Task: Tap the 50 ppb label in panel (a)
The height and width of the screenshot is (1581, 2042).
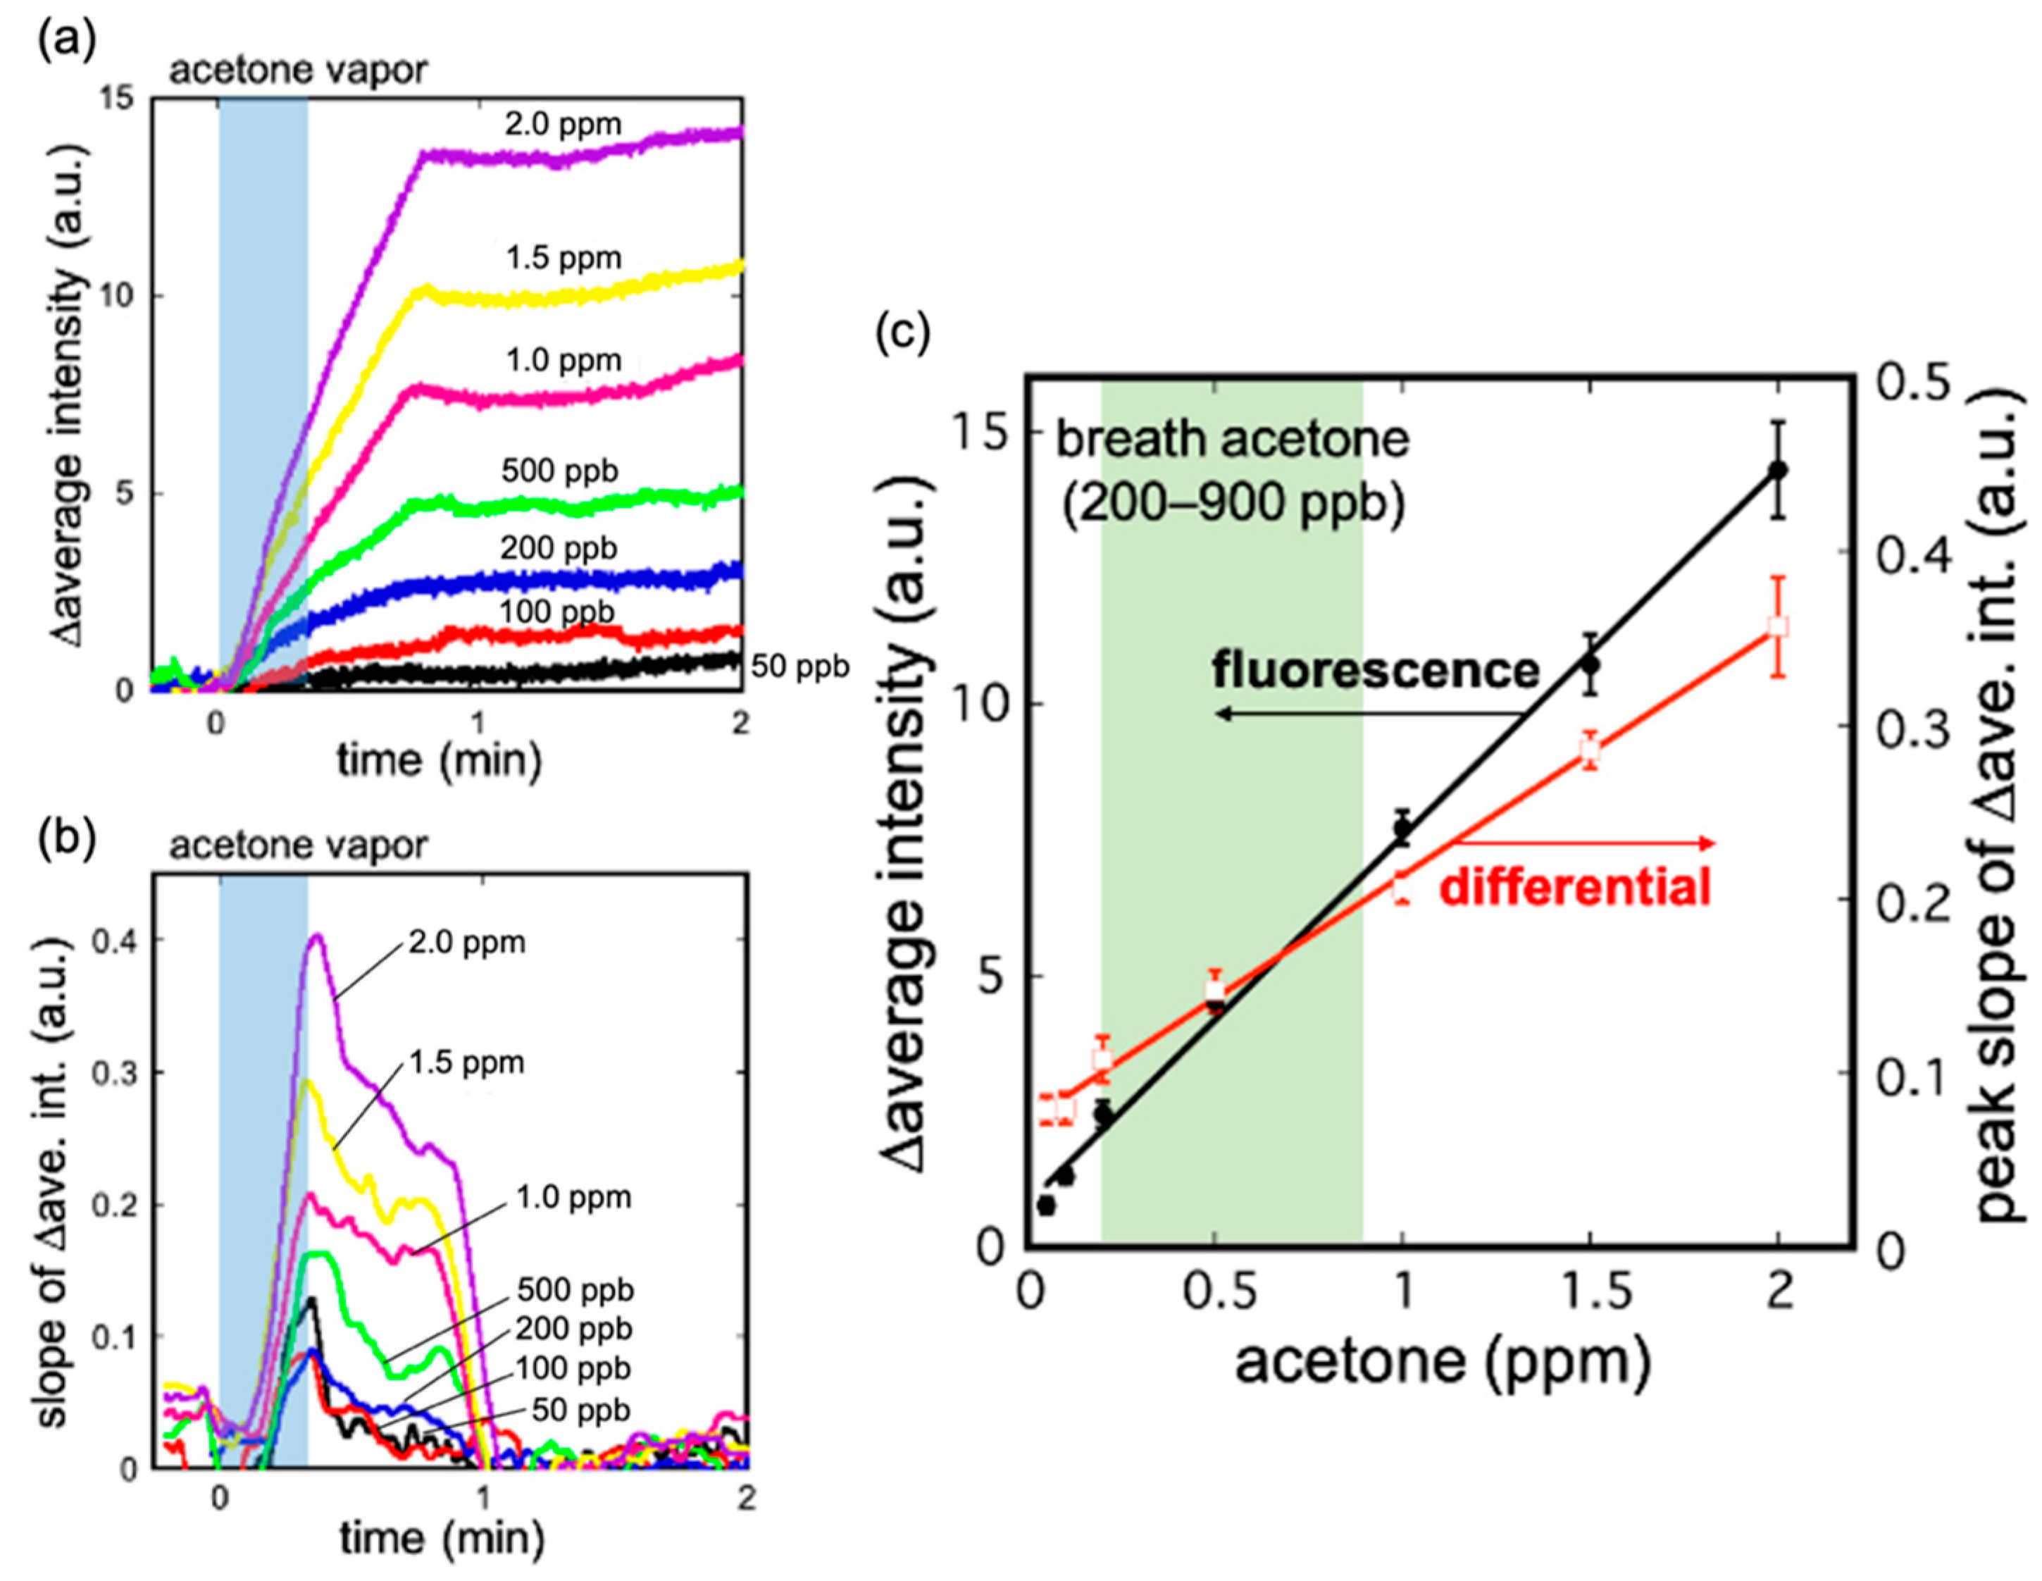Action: tap(800, 666)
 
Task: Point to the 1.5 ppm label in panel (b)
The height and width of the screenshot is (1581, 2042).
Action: tap(466, 1063)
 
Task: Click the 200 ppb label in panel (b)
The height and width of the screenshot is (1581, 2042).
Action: tap(573, 1329)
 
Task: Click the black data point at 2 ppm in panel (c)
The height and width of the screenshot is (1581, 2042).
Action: tap(1779, 469)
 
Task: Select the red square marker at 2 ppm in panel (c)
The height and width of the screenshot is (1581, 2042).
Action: tap(1779, 626)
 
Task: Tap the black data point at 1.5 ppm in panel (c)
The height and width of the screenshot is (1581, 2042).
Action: tap(1590, 664)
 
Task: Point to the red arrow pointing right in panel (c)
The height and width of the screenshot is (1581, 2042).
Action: tap(1590, 843)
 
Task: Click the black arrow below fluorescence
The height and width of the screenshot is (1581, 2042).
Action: tap(1365, 714)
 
